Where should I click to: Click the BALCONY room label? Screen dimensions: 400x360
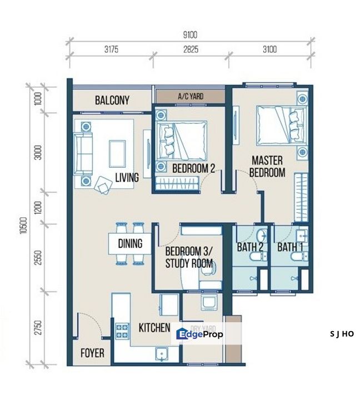pos(112,101)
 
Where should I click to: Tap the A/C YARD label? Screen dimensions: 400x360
pos(190,96)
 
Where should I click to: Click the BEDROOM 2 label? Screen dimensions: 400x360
pos(193,168)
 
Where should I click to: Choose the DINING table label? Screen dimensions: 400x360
pos(130,243)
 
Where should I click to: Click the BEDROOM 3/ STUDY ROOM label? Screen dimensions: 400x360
pos(189,258)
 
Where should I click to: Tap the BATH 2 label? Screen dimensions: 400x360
pos(250,247)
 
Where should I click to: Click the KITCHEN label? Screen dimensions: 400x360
pos(154,328)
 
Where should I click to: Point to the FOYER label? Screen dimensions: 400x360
pos(92,353)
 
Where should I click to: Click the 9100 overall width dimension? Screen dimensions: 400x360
pos(189,34)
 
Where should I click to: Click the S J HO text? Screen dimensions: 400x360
pos(341,334)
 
